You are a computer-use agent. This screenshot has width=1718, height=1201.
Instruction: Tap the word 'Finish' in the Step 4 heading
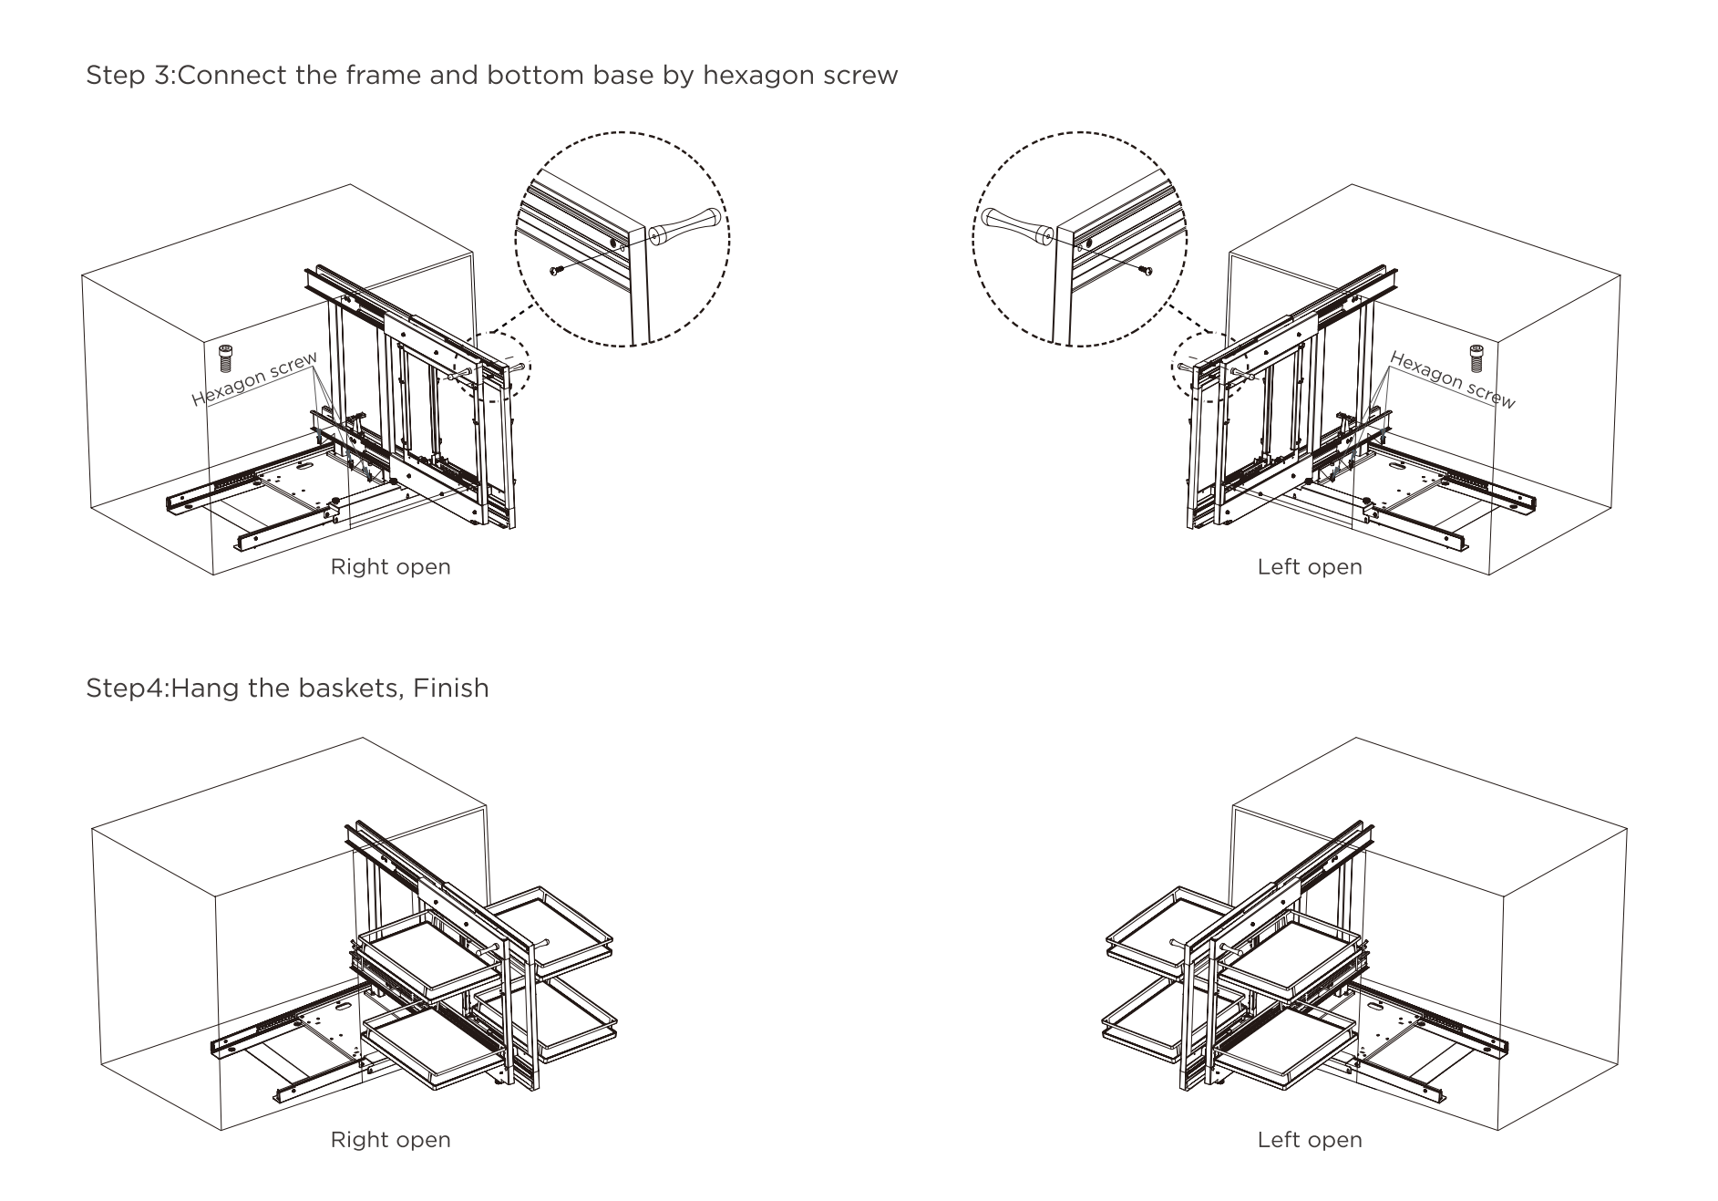click(450, 688)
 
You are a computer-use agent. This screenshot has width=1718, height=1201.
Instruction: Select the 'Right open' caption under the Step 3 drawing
click(390, 567)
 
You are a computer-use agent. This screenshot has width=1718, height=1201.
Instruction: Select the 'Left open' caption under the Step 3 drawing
click(1309, 567)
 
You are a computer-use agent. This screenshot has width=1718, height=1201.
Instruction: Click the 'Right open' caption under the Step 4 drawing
click(390, 1140)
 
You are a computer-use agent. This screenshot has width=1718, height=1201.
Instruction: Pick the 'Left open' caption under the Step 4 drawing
click(1309, 1140)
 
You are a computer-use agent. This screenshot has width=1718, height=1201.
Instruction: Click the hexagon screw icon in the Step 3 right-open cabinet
click(226, 357)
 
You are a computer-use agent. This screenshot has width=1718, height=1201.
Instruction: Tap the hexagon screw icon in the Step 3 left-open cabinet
click(1476, 357)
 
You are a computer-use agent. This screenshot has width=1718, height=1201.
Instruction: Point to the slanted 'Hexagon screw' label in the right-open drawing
click(254, 378)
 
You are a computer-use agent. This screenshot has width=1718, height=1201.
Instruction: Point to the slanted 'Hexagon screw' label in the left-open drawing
click(1452, 380)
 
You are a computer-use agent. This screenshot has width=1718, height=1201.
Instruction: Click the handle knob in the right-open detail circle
click(687, 225)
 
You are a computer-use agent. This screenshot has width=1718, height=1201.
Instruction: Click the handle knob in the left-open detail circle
click(1015, 226)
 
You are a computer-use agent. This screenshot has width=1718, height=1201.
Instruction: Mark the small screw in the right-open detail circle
click(556, 270)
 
